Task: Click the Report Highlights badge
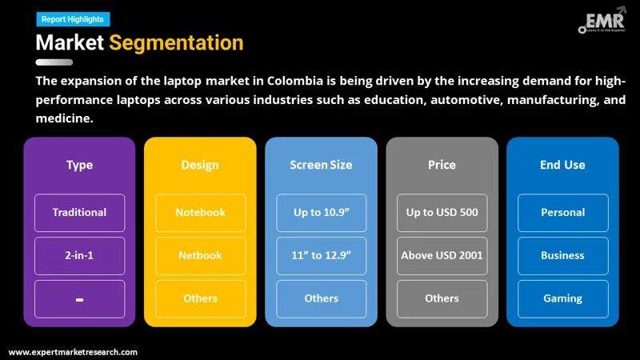tap(74, 19)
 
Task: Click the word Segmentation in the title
tap(176, 42)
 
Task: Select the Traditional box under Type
tap(79, 213)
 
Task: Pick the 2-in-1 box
tap(79, 256)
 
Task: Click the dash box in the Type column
tap(79, 298)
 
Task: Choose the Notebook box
tap(200, 213)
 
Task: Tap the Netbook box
tap(200, 256)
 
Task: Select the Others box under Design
tap(200, 298)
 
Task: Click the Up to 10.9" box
tap(321, 213)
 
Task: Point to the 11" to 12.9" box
tap(321, 256)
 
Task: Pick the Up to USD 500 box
tap(442, 213)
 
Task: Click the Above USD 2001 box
tap(442, 256)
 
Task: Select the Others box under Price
tap(442, 298)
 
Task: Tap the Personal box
tap(562, 213)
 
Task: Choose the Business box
tap(562, 256)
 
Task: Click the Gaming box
tap(562, 298)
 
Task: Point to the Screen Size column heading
tap(321, 165)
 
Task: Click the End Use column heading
tap(562, 165)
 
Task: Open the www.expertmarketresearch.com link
tap(73, 352)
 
